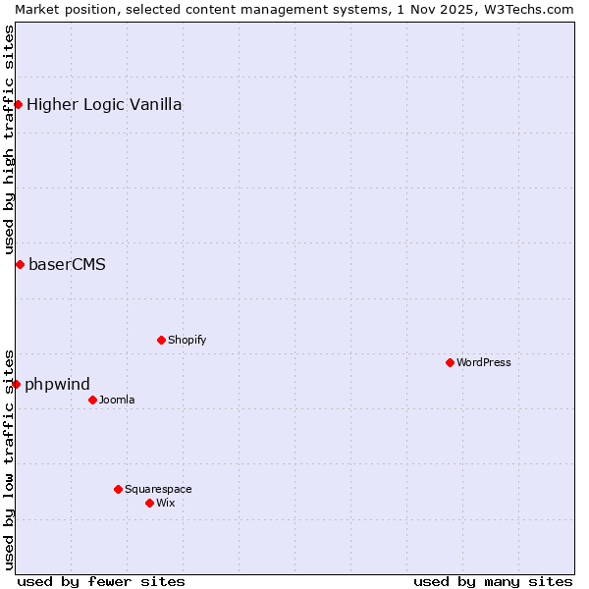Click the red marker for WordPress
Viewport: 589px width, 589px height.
pyautogui.click(x=450, y=362)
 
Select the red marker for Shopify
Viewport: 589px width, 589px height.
pyautogui.click(x=161, y=340)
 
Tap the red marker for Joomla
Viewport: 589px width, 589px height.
pyautogui.click(x=92, y=400)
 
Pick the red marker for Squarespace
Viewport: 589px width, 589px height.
pyautogui.click(x=118, y=489)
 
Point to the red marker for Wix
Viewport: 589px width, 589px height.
pyautogui.click(x=149, y=503)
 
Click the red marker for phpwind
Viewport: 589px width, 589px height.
pyautogui.click(x=16, y=384)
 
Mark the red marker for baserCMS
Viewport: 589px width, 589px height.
pyautogui.click(x=20, y=264)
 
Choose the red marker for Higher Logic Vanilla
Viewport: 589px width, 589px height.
pyautogui.click(x=18, y=104)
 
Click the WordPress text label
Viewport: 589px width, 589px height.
pyautogui.click(x=484, y=362)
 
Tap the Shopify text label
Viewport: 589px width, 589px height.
pyautogui.click(x=187, y=340)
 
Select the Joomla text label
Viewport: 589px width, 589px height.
pyautogui.click(x=117, y=400)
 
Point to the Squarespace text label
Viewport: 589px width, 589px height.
pyautogui.click(x=158, y=489)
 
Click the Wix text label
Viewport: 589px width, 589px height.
pyautogui.click(x=165, y=503)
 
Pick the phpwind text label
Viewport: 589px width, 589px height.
pyautogui.click(x=57, y=384)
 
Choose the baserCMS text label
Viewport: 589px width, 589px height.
pyautogui.click(x=67, y=264)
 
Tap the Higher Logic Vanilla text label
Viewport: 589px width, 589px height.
pyautogui.click(x=104, y=104)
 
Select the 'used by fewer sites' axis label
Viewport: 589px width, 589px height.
pyautogui.click(x=101, y=581)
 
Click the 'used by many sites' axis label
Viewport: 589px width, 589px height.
pyautogui.click(x=493, y=581)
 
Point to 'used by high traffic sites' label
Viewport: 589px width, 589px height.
pyautogui.click(x=9, y=140)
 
